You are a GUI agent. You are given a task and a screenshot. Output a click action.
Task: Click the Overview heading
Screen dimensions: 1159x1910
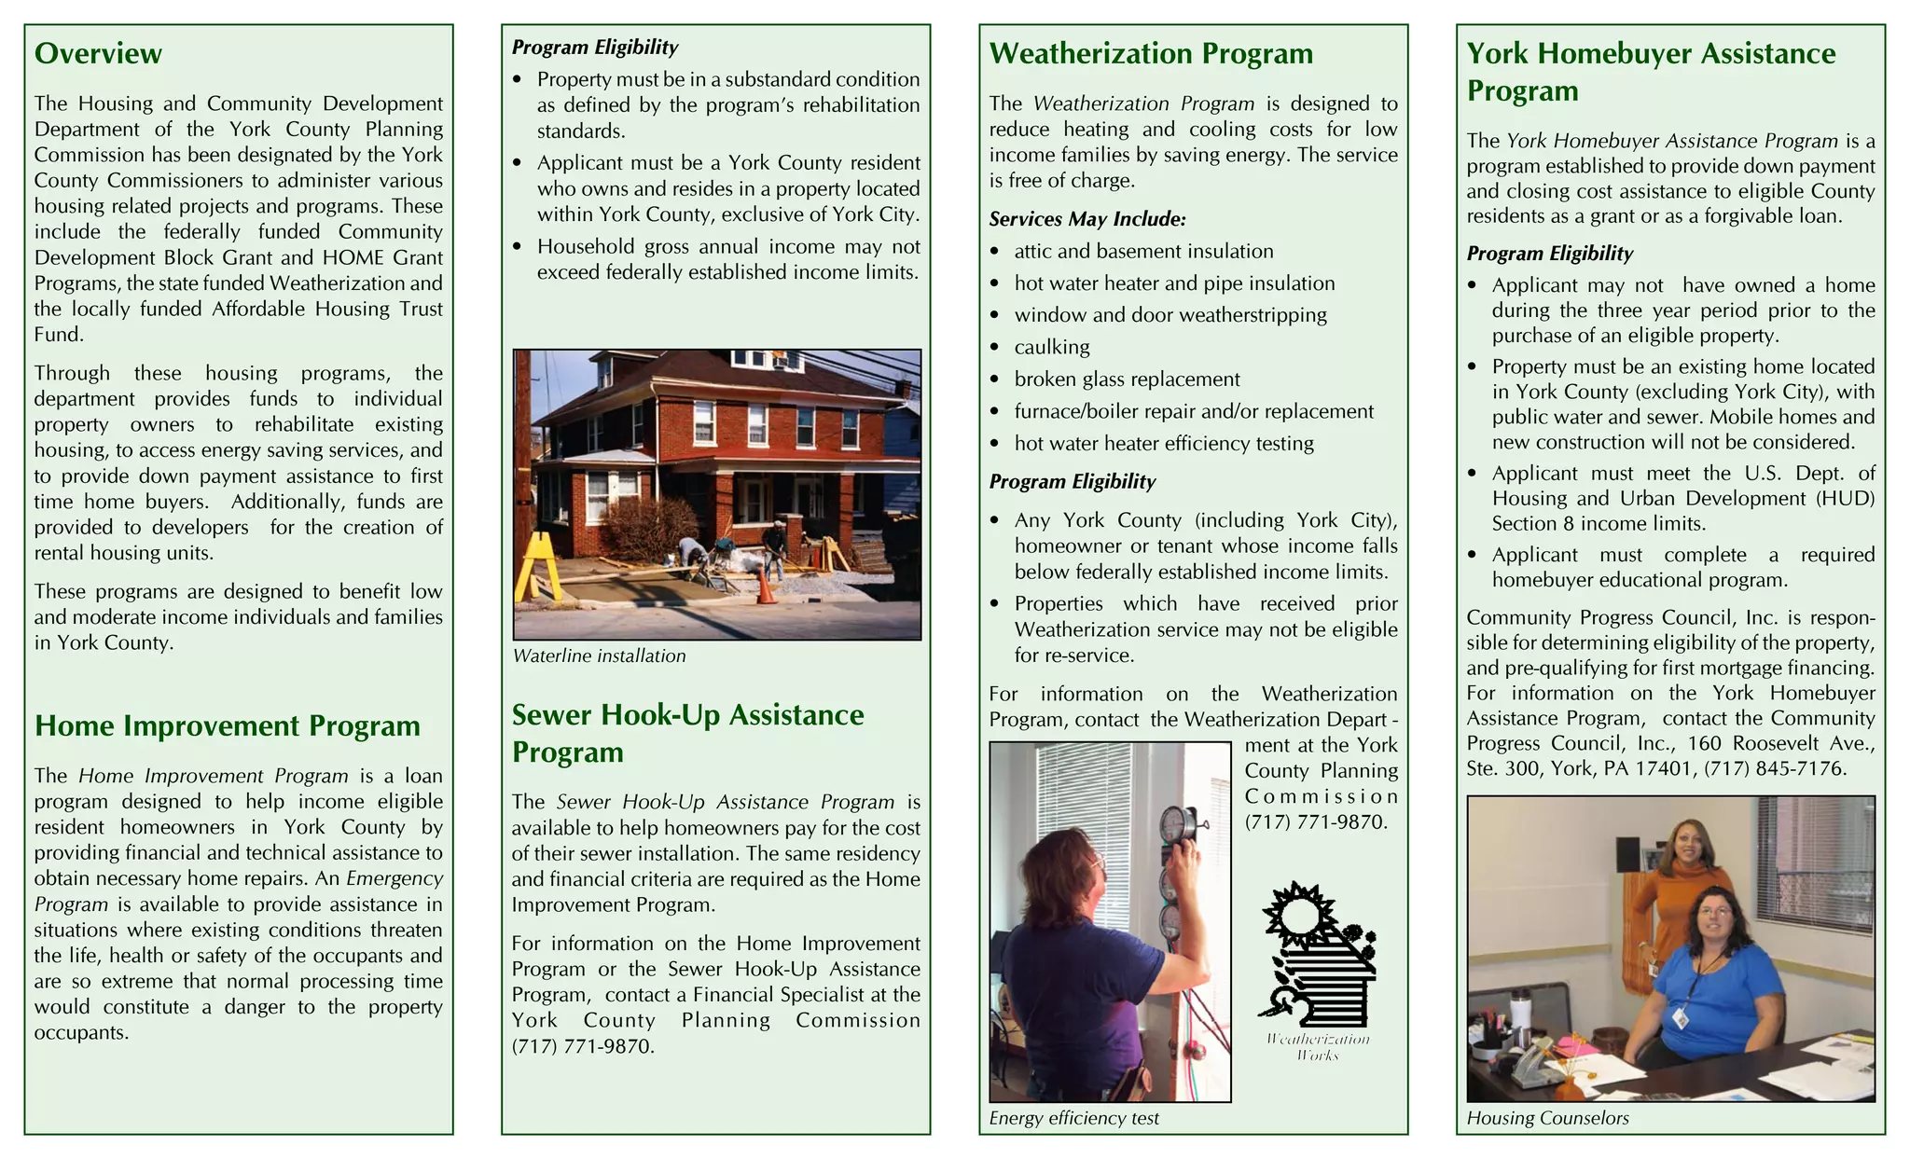[x=98, y=54]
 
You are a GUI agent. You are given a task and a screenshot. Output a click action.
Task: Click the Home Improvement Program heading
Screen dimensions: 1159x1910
[x=227, y=726]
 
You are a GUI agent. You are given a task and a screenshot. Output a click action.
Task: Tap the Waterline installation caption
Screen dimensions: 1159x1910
[x=599, y=656]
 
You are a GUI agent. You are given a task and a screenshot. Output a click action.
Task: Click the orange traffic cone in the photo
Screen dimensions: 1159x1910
[x=766, y=586]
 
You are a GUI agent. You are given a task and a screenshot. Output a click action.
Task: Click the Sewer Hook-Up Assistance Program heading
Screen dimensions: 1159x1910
[x=687, y=733]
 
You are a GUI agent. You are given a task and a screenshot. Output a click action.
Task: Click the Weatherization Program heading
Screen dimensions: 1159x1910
[x=1151, y=54]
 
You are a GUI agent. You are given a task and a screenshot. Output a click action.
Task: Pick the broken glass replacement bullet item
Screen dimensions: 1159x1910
[x=1127, y=379]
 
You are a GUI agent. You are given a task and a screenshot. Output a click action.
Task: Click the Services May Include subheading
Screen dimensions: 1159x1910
[x=1087, y=219]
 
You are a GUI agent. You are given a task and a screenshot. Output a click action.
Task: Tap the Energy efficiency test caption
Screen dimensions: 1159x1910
[x=1073, y=1118]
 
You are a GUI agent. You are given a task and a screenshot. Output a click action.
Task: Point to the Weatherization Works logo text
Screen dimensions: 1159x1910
[x=1317, y=1047]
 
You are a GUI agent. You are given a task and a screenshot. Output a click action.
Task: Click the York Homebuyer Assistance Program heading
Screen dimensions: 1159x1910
[x=1651, y=72]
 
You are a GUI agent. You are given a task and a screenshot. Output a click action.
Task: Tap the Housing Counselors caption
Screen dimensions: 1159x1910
[x=1547, y=1118]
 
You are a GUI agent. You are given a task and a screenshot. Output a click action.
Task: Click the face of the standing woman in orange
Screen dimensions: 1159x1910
[x=1689, y=844]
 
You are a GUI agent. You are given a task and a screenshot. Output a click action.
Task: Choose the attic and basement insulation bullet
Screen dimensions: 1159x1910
[x=1143, y=252]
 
